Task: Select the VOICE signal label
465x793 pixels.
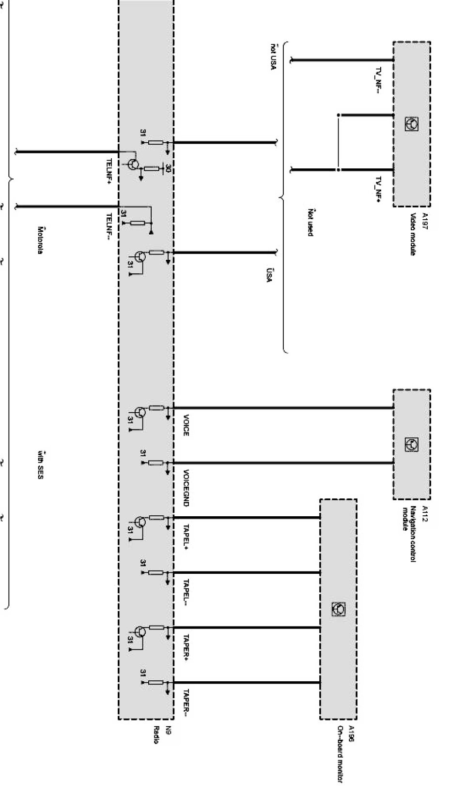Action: [186, 425]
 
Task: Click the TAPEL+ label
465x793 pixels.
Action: [186, 537]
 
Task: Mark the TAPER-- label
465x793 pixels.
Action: [186, 703]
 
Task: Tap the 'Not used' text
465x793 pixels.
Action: [310, 223]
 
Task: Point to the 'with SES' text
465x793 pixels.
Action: [41, 465]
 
